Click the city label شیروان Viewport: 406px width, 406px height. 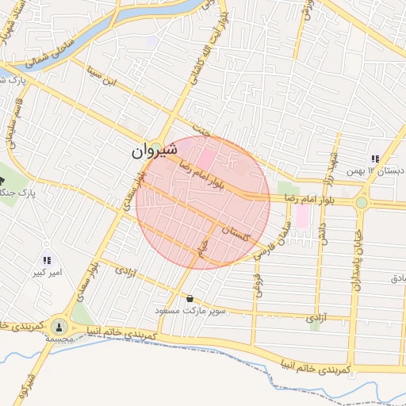[x=151, y=151]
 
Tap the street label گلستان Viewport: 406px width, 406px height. [x=236, y=233]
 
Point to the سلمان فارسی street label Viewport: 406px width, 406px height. [x=273, y=240]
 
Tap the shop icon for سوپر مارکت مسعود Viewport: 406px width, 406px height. [x=190, y=299]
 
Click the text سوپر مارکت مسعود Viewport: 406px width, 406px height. [x=204, y=310]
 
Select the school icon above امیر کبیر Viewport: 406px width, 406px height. [x=47, y=260]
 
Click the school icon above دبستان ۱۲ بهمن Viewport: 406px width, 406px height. [x=375, y=159]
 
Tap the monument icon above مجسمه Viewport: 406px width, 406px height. [x=59, y=326]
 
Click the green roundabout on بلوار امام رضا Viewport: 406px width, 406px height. [x=362, y=203]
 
